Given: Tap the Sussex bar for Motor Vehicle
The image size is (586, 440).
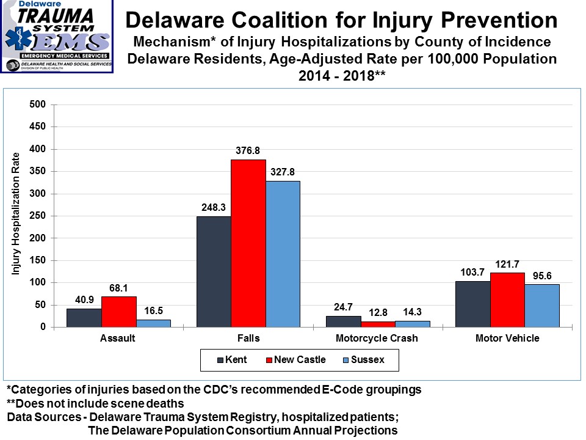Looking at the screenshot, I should [541, 306].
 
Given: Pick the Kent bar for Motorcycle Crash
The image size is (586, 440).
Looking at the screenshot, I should [343, 321].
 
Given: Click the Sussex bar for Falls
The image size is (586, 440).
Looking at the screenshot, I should [283, 254].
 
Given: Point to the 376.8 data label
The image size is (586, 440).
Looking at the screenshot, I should [248, 150].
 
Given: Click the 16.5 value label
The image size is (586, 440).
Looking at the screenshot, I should [153, 310].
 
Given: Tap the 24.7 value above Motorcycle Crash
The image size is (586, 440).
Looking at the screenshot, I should [343, 307].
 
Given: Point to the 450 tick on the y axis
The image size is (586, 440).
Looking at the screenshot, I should [38, 127].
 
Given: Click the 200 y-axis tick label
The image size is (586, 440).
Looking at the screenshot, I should [38, 238].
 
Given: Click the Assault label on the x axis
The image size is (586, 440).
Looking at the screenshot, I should [118, 339].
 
